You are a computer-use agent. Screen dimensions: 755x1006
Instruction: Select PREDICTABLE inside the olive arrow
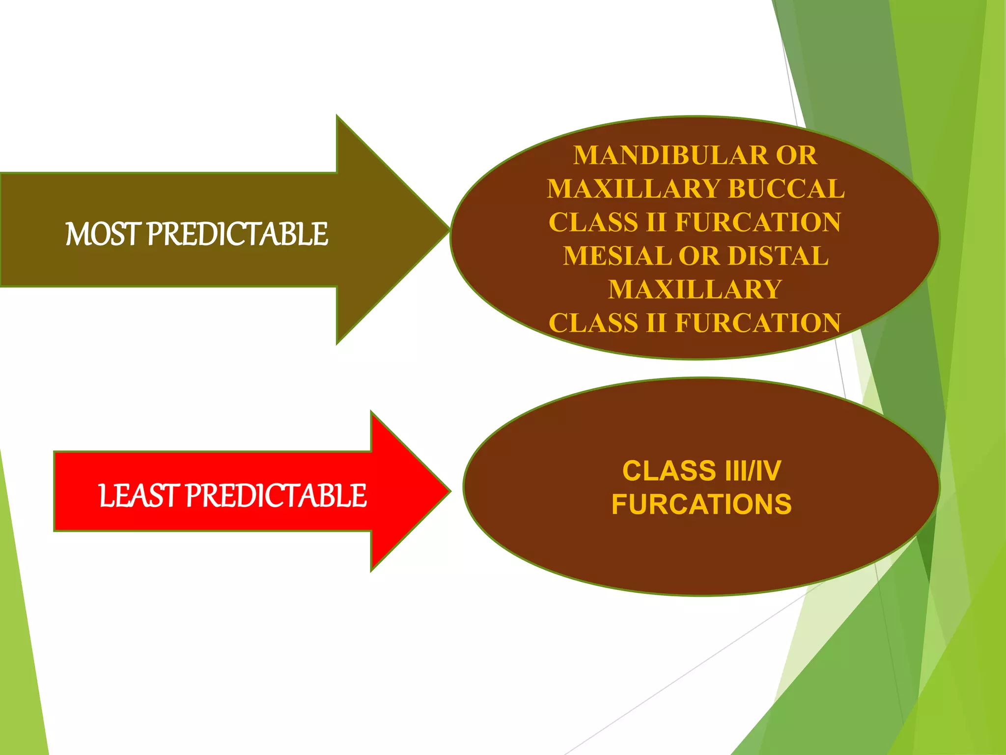pos(238,234)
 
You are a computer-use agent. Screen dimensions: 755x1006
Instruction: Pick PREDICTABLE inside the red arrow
pos(276,495)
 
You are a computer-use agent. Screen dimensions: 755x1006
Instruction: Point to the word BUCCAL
pos(787,189)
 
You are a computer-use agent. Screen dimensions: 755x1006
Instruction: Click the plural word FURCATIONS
pos(701,504)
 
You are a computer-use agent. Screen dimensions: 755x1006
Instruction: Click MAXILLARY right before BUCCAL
pos(634,189)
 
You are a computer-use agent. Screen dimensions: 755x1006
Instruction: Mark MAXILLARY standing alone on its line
pos(695,290)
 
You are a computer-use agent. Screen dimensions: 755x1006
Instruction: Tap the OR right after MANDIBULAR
pos(796,155)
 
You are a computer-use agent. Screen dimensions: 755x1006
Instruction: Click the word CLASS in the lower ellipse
pos(669,471)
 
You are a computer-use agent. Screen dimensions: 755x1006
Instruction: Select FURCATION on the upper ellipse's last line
pos(758,323)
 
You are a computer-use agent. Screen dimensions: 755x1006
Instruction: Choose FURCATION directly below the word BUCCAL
pos(758,222)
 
